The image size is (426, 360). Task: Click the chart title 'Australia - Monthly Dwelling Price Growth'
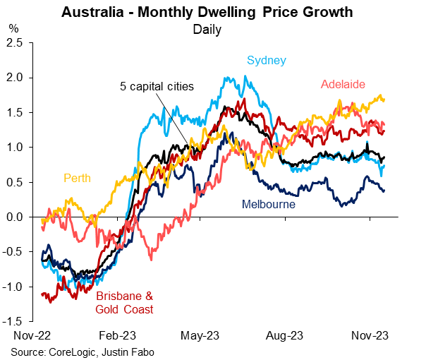tap(207, 13)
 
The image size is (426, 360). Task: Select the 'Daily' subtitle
tap(207, 30)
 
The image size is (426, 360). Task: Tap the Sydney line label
tap(267, 60)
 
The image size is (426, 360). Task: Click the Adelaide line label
tap(343, 85)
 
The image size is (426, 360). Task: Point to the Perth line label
tap(78, 178)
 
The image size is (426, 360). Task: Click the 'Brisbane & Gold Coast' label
tap(124, 302)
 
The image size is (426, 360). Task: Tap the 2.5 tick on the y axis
tap(15, 43)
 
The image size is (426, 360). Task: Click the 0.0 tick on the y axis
tap(15, 217)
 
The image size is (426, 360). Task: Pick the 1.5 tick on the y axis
tap(15, 113)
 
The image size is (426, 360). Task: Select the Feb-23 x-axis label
tap(118, 336)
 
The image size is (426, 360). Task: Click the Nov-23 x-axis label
tap(368, 336)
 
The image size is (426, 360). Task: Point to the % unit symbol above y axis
tap(13, 30)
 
